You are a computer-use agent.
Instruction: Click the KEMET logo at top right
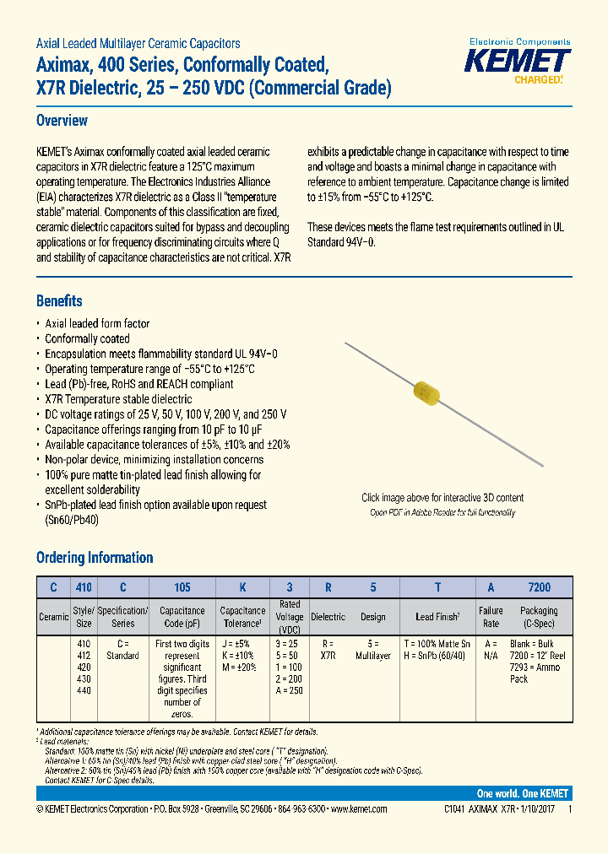519,61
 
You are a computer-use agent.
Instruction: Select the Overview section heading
62,121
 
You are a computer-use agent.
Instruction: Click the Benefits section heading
59,301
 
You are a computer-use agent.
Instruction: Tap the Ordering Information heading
95,558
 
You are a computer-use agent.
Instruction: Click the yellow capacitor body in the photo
427,394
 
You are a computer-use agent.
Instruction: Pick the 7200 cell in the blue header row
539,587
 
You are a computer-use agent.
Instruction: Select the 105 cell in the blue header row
182,587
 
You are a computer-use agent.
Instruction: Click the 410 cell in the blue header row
84,587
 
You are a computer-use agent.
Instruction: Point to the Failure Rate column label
490,616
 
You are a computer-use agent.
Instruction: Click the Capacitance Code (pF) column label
182,616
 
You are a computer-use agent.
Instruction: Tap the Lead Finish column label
436,617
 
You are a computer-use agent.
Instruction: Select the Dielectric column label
328,617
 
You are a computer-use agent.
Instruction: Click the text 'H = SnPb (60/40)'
437,656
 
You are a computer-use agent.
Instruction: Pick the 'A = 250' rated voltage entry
290,689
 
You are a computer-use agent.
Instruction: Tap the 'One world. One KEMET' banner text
522,793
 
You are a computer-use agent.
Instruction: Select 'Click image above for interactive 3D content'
442,498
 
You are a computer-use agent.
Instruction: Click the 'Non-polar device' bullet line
154,460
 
